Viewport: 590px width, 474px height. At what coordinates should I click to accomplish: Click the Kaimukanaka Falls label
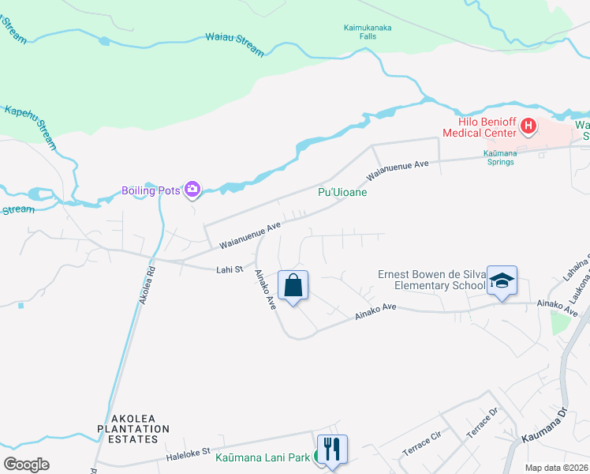tap(368, 32)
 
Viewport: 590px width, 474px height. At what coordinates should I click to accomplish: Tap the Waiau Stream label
tap(234, 43)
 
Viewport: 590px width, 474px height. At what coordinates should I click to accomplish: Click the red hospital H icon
tap(528, 126)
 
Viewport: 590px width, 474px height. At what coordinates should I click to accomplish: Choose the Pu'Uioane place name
tap(342, 192)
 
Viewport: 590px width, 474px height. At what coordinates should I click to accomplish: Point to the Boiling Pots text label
tap(151, 190)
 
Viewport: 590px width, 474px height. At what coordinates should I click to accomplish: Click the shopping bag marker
tap(293, 286)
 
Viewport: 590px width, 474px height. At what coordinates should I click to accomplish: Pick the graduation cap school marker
tap(502, 280)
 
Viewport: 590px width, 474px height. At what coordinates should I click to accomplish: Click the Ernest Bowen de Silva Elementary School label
tap(431, 280)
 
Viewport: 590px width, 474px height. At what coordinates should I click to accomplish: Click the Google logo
tap(27, 465)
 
